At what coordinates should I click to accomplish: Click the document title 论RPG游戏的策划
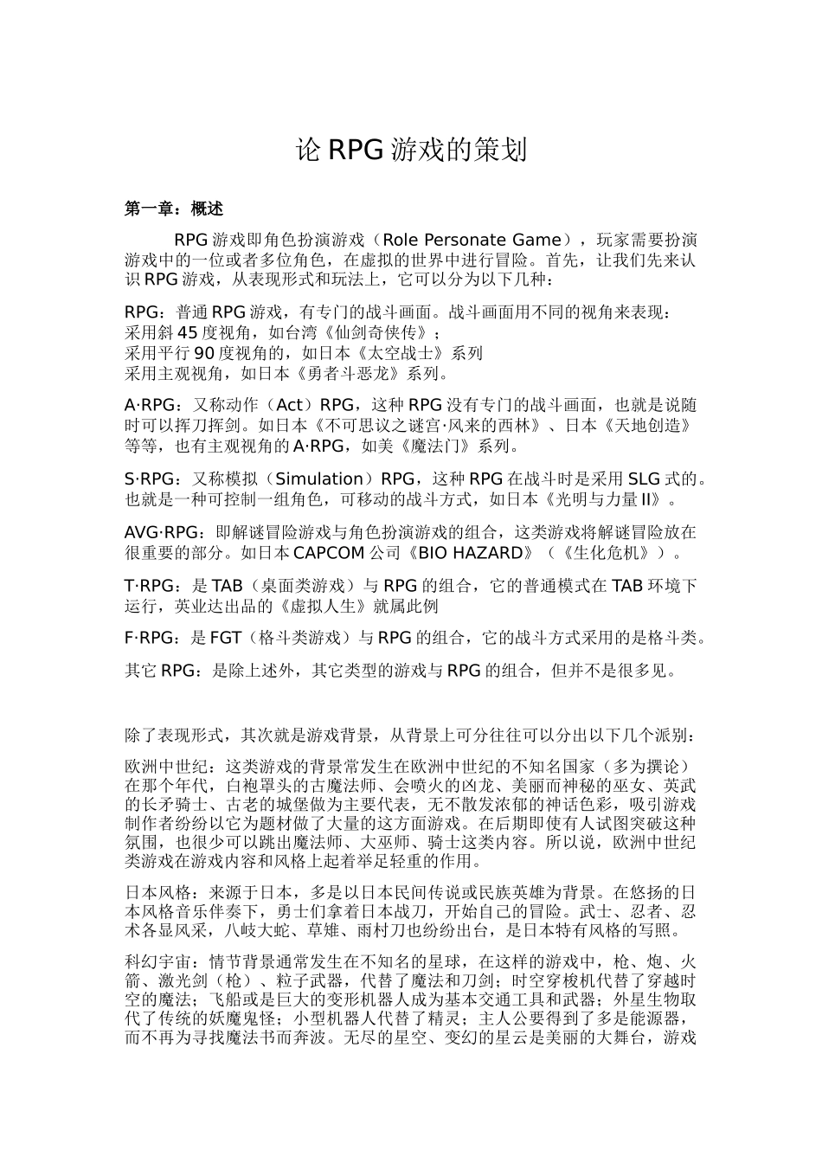[x=411, y=151]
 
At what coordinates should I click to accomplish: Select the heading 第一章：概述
[x=174, y=209]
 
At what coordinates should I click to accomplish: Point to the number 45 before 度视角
[x=189, y=332]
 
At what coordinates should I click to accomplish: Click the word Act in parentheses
[x=289, y=405]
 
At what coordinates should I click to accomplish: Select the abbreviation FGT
[x=226, y=639]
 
